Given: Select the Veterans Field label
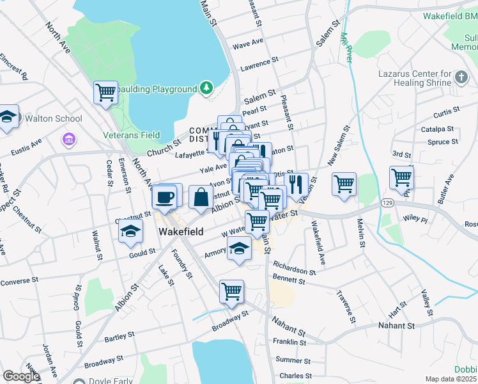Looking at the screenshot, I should [x=132, y=135].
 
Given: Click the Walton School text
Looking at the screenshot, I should [x=54, y=118].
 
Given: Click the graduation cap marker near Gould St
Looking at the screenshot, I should [x=130, y=231].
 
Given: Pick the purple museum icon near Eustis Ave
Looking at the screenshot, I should [x=69, y=139].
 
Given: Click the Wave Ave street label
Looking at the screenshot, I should [x=249, y=44].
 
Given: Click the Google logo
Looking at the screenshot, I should [x=20, y=376].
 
